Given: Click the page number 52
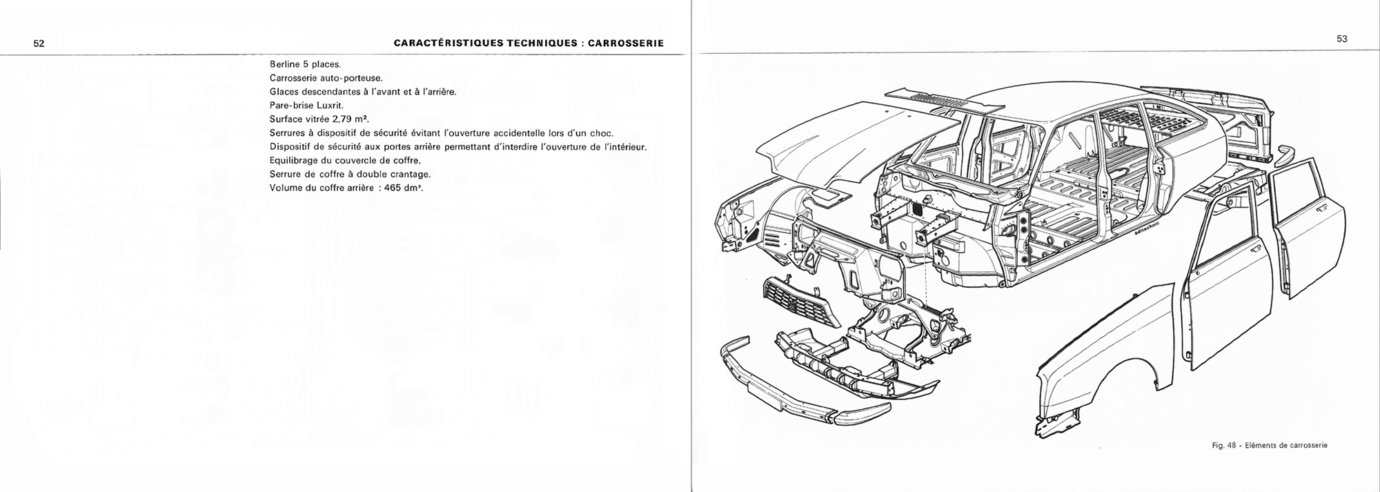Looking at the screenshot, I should [39, 43].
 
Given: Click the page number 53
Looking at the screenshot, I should [1342, 39].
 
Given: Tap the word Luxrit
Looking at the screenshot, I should [329, 106].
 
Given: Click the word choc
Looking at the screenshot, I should [602, 133].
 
